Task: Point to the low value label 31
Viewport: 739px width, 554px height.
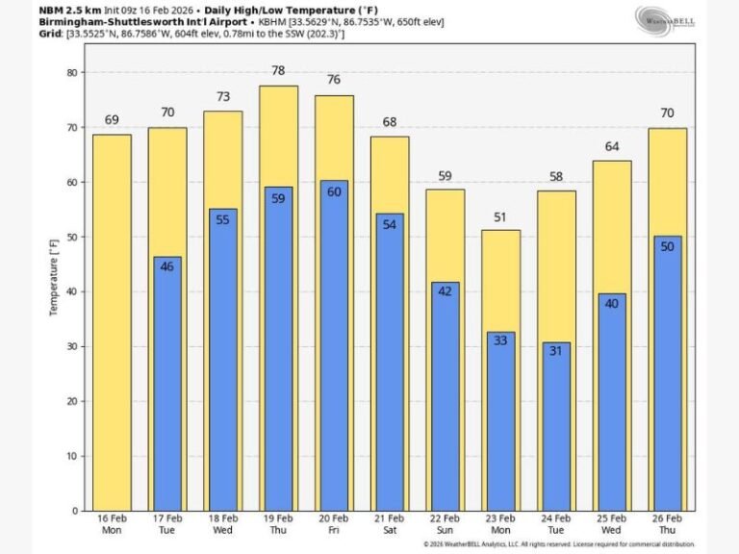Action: [x=555, y=352]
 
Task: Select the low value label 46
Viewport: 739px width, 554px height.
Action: [x=167, y=266]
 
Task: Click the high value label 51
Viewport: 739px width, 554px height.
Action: [x=500, y=217]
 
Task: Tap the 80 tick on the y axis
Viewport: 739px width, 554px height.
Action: [x=71, y=72]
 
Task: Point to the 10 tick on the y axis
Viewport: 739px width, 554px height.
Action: [x=71, y=456]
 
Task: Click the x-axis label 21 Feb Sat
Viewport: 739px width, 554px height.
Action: [x=389, y=525]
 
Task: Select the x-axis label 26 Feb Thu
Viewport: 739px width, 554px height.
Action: [x=667, y=525]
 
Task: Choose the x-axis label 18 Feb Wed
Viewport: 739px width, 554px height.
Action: [x=222, y=525]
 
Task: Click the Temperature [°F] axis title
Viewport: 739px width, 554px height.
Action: [x=54, y=279]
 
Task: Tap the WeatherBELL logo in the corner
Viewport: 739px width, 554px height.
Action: [x=664, y=19]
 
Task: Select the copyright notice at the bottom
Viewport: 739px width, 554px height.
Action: [x=559, y=544]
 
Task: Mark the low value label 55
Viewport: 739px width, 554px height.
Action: [x=222, y=220]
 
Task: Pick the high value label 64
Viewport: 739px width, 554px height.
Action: [x=612, y=147]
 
